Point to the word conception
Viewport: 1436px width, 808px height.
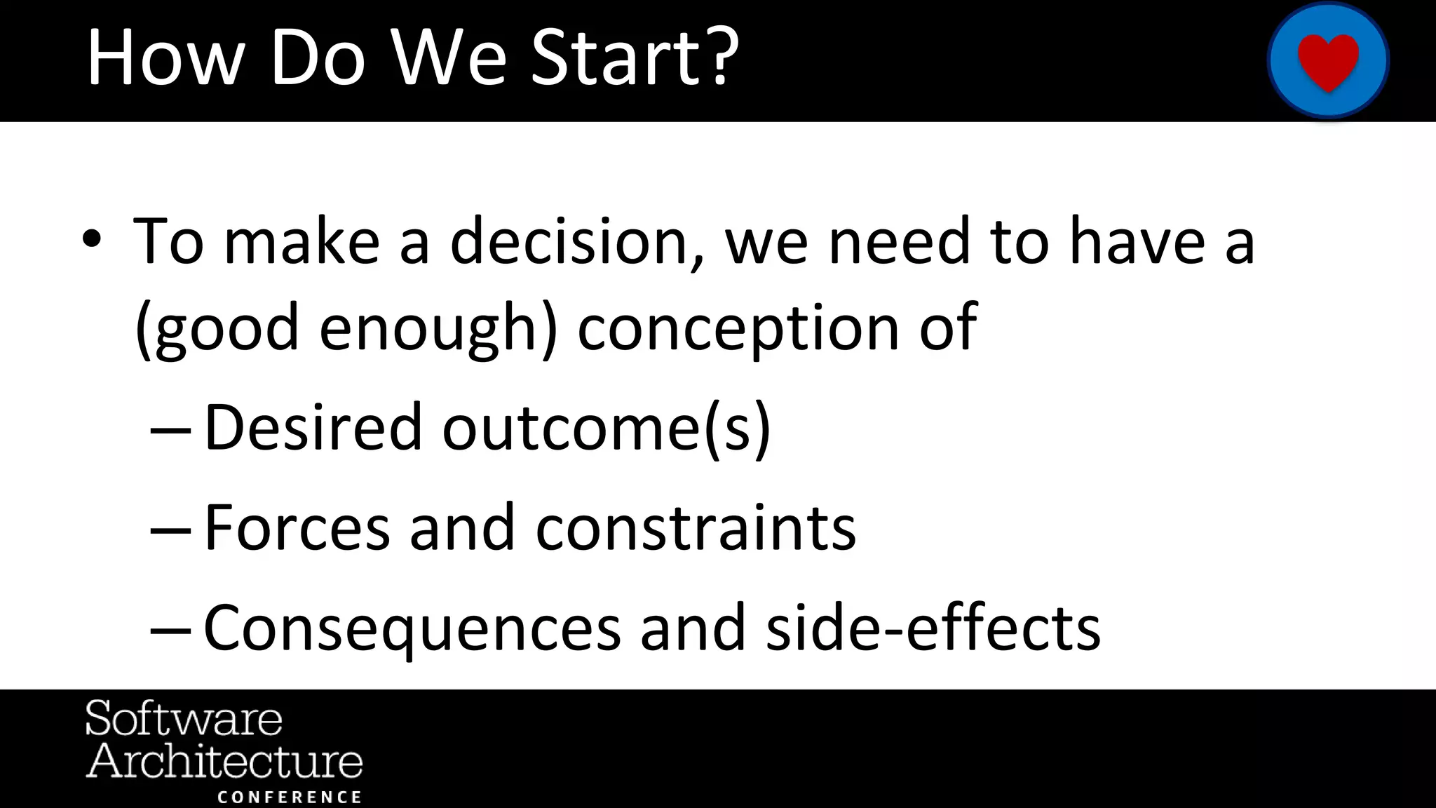click(738, 328)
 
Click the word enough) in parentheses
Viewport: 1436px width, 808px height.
click(438, 328)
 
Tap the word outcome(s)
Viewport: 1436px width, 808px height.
click(607, 427)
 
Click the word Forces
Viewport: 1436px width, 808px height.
click(297, 527)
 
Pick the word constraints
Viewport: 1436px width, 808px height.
click(696, 527)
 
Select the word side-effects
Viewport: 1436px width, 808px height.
click(933, 628)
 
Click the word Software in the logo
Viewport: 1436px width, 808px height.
click(184, 719)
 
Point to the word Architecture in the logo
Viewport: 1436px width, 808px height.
click(224, 762)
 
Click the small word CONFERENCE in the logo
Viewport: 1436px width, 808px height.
click(290, 797)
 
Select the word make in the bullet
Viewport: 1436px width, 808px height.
click(302, 242)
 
